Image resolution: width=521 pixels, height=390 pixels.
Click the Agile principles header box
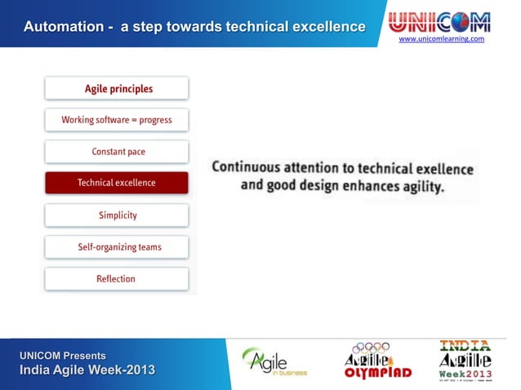[x=117, y=88]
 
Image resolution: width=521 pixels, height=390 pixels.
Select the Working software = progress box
[x=117, y=120]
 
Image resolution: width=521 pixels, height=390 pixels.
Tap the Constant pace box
[x=117, y=152]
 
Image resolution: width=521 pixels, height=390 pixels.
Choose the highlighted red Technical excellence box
[x=117, y=183]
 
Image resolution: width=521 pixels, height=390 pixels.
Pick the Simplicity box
[x=117, y=215]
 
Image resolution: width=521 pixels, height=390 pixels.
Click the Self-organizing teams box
[x=117, y=247]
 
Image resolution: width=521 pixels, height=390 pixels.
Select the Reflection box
[x=117, y=279]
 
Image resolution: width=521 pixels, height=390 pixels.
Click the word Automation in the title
[x=63, y=27]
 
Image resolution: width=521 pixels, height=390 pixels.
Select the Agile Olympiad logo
[x=377, y=361]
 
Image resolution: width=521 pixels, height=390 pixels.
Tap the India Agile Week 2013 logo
[x=465, y=361]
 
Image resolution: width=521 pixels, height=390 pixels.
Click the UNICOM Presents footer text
[x=63, y=356]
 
